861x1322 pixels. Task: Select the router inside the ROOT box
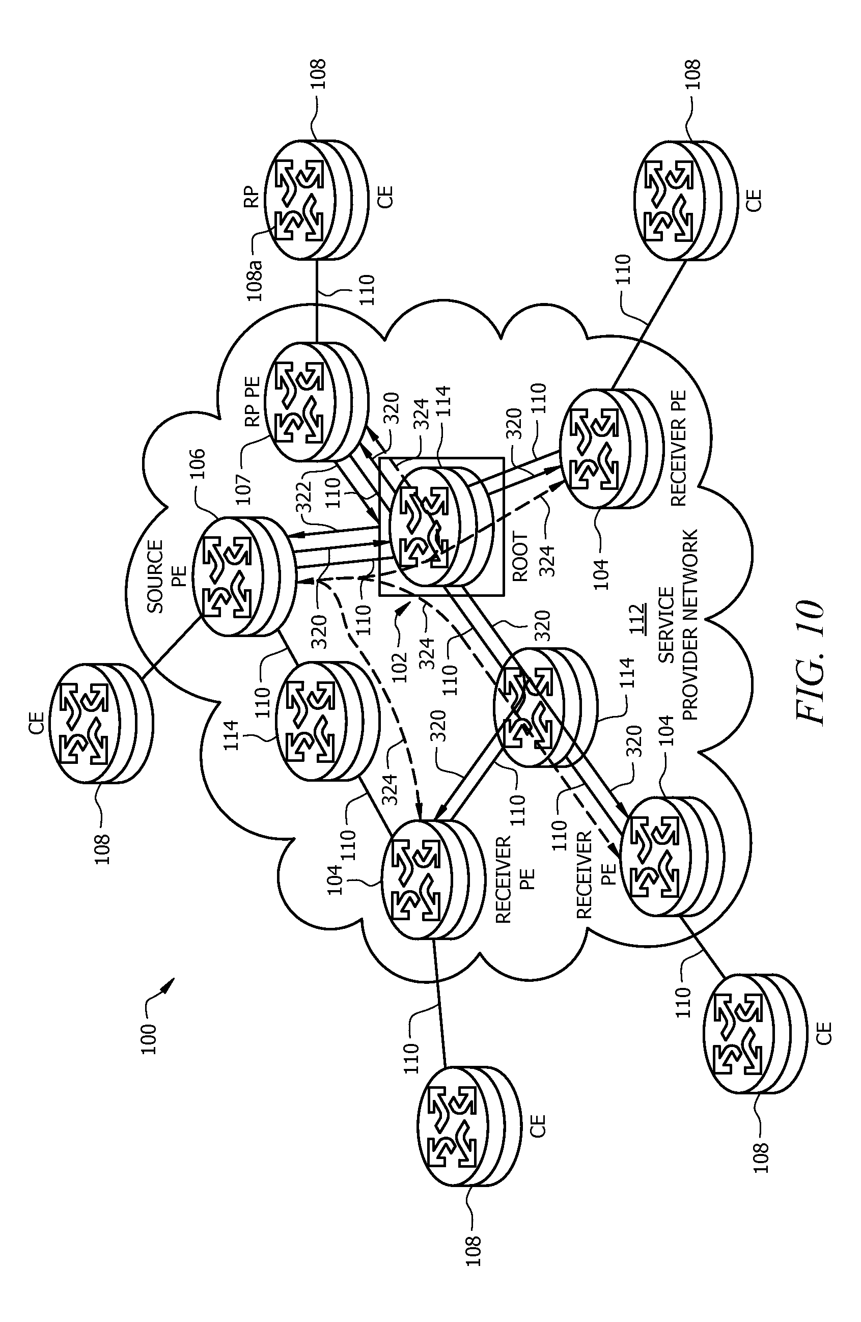point(441,526)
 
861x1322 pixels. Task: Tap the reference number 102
point(400,667)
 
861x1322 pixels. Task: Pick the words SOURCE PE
point(164,576)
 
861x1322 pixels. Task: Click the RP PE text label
point(253,400)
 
